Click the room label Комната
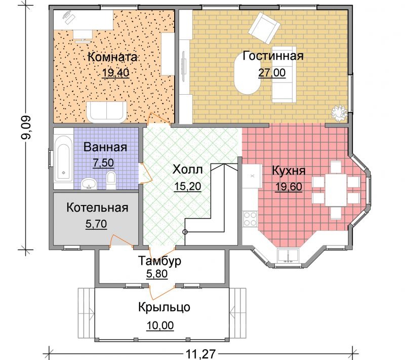click(112, 57)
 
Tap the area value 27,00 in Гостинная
click(272, 73)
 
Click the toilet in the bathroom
click(111, 180)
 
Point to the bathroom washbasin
click(89, 184)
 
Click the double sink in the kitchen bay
click(288, 255)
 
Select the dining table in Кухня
click(336, 190)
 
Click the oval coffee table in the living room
click(248, 74)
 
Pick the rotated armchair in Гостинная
click(264, 28)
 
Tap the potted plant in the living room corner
click(339, 113)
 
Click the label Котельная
click(97, 208)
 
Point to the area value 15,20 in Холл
click(187, 186)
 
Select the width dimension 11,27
click(200, 354)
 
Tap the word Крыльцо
click(164, 307)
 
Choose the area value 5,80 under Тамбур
click(157, 274)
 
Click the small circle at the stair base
click(185, 232)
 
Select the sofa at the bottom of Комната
click(106, 112)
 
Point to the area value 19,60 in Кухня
click(289, 186)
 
